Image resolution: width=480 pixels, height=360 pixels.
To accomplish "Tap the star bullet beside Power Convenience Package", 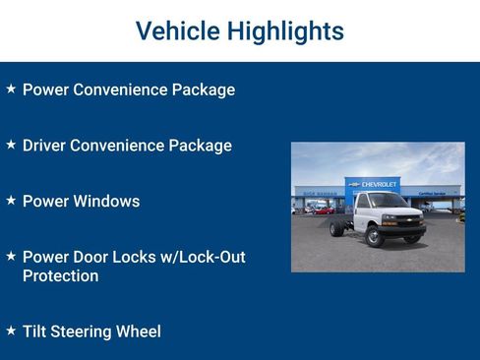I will (x=11, y=89).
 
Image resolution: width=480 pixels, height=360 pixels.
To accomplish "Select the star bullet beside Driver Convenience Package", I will (x=11, y=145).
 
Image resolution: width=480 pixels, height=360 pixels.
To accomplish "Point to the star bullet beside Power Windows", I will (x=11, y=200).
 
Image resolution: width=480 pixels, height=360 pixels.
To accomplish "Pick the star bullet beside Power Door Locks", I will (x=11, y=256).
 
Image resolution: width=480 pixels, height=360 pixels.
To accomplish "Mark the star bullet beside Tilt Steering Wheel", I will (x=11, y=330).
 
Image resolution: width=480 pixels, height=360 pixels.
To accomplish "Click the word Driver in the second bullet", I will (x=45, y=146).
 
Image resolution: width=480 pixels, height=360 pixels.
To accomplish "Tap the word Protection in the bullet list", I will (x=60, y=276).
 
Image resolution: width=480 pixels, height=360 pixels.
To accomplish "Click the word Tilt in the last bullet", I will (x=36, y=331).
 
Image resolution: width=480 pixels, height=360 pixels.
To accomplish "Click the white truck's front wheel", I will (x=374, y=236).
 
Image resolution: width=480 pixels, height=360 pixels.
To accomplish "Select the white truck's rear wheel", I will (x=337, y=229).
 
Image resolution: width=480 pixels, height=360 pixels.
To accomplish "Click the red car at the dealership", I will (x=323, y=210).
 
